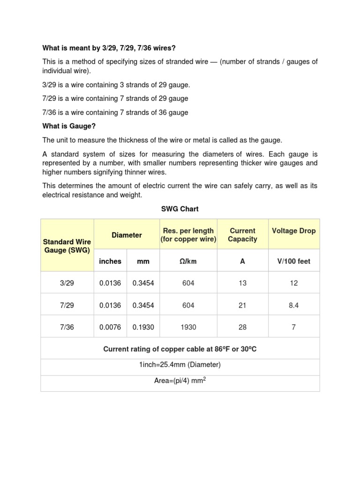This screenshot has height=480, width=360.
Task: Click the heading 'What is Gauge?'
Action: [69, 127]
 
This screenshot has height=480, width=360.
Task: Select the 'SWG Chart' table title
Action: [180, 209]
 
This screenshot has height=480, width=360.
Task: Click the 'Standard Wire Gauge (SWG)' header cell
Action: [67, 246]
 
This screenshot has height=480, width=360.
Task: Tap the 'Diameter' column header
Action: [127, 235]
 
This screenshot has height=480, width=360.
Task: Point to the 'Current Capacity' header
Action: [242, 235]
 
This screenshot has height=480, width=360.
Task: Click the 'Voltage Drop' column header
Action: [293, 231]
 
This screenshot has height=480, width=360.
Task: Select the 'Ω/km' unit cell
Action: [188, 262]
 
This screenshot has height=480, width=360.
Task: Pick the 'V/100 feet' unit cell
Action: [293, 262]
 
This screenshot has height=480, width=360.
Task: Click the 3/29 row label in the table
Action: [67, 283]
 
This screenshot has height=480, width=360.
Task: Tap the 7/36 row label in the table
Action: [67, 327]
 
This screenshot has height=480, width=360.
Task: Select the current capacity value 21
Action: [242, 305]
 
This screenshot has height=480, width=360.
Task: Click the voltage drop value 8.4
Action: [293, 305]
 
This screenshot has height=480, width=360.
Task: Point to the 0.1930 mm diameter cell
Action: [143, 327]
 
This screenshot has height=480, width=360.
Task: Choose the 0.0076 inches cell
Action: [110, 327]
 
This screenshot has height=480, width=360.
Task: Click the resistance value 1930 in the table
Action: [188, 327]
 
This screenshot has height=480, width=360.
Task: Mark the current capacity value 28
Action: [242, 327]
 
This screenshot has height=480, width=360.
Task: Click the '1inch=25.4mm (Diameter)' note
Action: [180, 365]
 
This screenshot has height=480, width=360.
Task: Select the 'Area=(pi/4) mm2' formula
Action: [180, 381]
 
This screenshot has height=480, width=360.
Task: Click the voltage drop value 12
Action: [293, 283]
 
